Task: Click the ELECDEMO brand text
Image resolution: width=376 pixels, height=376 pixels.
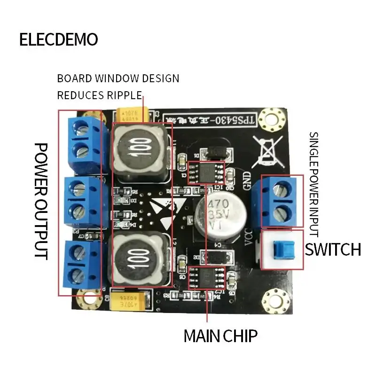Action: coord(58,39)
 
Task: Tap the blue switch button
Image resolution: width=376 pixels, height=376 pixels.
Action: coord(282,249)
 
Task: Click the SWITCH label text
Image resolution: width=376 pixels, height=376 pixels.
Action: coord(333,249)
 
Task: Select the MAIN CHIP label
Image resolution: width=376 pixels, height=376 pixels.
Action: coord(220,336)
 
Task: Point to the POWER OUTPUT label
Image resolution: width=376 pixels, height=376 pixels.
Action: coord(42,201)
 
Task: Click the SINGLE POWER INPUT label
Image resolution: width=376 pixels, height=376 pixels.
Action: coord(313,184)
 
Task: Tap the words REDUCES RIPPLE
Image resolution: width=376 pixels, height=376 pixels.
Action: coord(99,95)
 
